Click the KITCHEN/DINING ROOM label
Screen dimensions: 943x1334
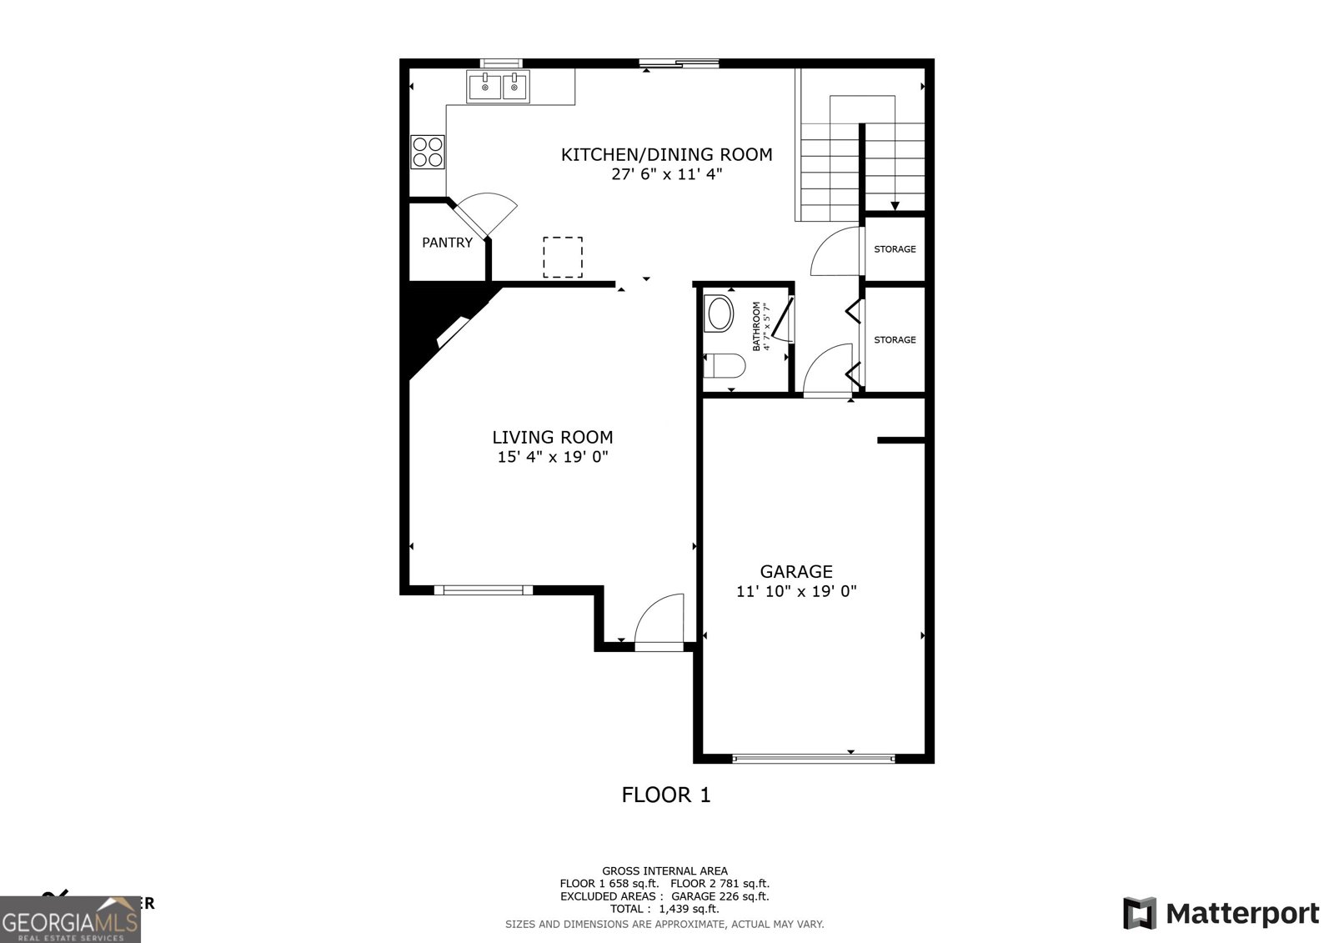666,154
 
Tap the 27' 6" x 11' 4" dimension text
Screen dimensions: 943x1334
666,175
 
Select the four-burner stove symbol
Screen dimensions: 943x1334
428,152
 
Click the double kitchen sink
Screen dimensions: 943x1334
499,86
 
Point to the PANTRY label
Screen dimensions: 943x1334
447,243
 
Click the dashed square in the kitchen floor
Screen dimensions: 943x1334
563,257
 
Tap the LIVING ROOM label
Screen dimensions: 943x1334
552,437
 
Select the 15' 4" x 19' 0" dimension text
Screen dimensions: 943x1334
552,457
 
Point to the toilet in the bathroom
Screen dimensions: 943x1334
723,366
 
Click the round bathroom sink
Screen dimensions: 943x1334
720,315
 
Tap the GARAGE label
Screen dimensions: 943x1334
795,572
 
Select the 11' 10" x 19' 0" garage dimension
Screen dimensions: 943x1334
795,592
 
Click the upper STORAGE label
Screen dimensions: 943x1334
895,249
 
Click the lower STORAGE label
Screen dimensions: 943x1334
895,340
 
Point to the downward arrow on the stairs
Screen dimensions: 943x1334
895,204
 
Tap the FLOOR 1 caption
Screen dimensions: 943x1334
666,795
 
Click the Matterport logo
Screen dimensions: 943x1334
1221,913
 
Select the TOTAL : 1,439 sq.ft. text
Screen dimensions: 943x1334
664,909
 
